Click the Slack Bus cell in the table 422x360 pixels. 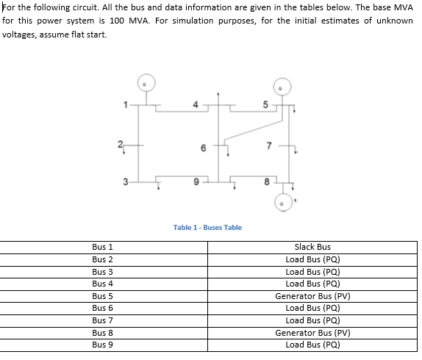(312, 248)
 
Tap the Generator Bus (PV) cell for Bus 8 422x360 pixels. (312, 332)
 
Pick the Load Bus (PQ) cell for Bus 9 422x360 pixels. (312, 344)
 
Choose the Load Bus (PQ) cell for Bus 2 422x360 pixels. (312, 259)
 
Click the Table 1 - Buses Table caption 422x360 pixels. (207, 227)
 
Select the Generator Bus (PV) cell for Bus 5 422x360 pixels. (312, 295)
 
